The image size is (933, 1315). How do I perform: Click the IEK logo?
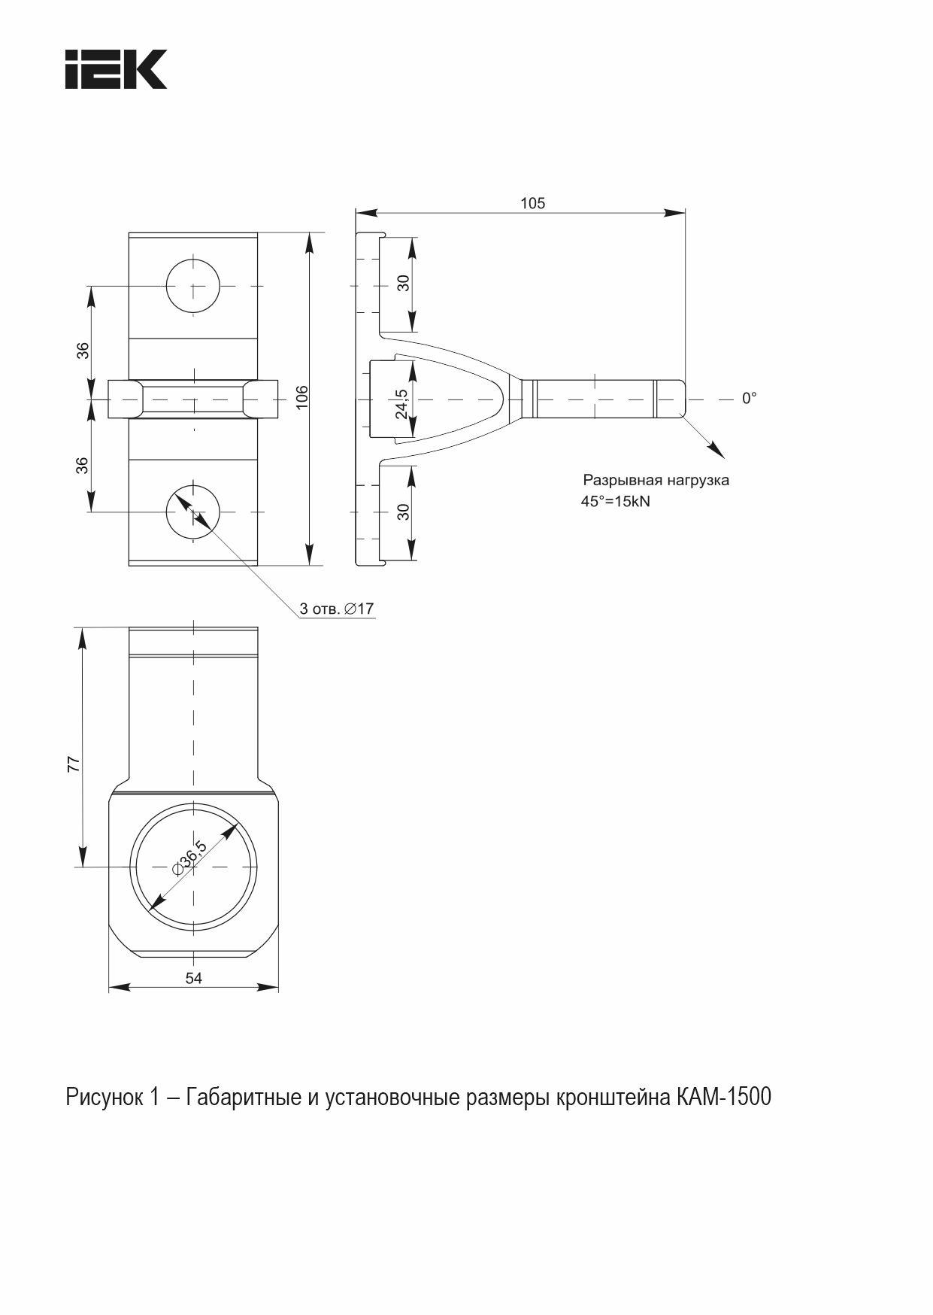116,69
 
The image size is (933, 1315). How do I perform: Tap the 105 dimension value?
532,203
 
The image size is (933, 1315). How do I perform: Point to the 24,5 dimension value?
401,404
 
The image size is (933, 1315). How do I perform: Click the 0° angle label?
750,399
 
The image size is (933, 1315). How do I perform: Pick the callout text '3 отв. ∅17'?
336,609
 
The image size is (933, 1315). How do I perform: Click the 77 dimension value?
74,764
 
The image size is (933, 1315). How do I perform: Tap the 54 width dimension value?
194,978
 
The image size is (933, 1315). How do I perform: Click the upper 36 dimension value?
83,350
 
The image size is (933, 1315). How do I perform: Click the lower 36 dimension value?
83,465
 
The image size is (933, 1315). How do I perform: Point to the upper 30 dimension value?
404,283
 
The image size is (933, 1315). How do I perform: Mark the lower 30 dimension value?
404,512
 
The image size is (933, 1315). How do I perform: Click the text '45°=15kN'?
615,501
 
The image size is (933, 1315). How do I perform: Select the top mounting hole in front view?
193,286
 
